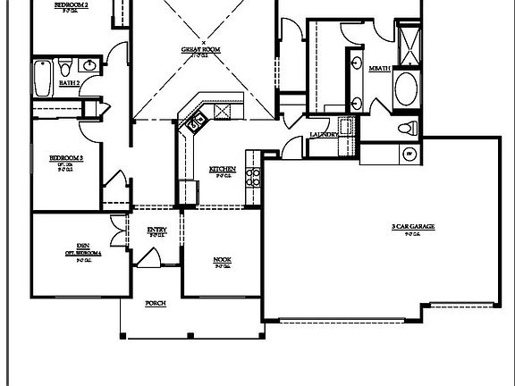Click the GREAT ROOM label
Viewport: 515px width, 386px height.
[204, 51]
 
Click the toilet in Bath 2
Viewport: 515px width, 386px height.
[65, 68]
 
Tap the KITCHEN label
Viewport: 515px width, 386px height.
[223, 169]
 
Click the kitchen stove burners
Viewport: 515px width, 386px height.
[256, 174]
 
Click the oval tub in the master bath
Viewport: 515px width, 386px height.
[406, 89]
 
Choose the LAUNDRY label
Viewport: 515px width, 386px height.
[324, 135]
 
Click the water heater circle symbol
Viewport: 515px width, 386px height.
[409, 154]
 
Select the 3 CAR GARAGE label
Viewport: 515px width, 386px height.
[413, 227]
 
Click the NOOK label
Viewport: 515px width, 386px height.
[222, 260]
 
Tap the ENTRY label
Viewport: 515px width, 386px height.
[156, 231]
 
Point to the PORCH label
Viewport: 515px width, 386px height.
[156, 304]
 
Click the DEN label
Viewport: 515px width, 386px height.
[82, 246]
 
